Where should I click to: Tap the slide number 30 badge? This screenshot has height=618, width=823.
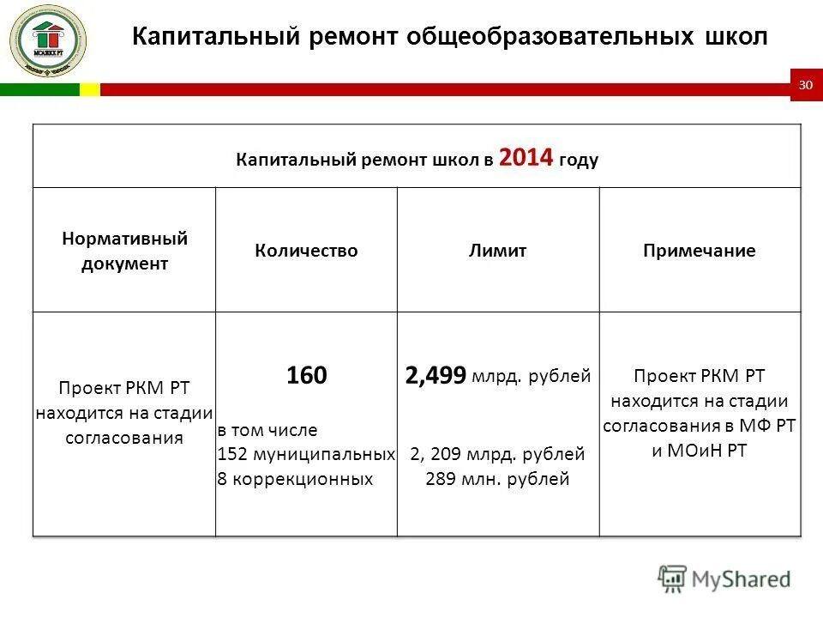click(x=806, y=85)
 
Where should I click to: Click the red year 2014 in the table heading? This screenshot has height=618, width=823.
click(x=526, y=158)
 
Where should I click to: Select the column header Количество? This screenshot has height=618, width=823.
click(x=306, y=251)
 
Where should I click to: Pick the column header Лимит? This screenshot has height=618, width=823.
click(x=497, y=251)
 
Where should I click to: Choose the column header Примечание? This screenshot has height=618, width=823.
click(x=700, y=251)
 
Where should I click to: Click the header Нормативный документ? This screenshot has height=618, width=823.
click(x=124, y=251)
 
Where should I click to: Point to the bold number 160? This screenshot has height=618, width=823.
click(x=306, y=375)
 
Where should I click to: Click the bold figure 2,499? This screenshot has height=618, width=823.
click(x=436, y=375)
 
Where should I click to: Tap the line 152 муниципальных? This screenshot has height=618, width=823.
click(x=306, y=454)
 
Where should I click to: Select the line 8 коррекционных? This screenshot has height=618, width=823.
click(x=295, y=479)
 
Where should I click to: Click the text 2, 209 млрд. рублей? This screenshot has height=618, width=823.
click(x=497, y=454)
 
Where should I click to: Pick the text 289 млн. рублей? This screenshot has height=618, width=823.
click(x=497, y=479)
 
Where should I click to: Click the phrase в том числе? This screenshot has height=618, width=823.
click(x=267, y=430)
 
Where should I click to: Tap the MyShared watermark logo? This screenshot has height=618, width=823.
click(x=724, y=579)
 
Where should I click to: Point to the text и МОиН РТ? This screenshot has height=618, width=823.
click(x=700, y=451)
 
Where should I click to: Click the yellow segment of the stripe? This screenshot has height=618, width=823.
click(x=89, y=89)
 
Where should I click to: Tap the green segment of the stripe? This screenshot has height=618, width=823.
click(x=39, y=89)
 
